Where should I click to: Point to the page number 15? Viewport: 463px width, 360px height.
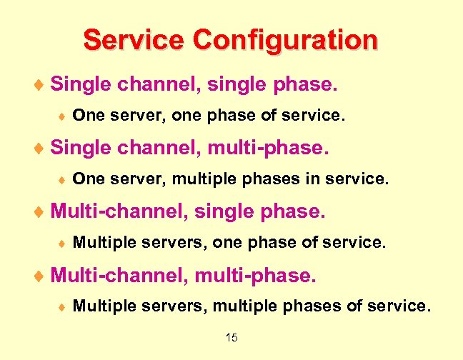tap(231, 338)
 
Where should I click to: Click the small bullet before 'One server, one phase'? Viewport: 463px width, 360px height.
tap(61, 114)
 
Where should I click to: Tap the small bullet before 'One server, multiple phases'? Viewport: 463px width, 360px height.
tap(61, 179)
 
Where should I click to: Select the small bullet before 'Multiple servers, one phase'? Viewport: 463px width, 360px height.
tap(61, 244)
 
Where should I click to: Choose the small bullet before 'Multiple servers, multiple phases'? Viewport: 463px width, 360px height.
tap(61, 307)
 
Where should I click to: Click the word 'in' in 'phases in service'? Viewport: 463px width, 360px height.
tap(312, 179)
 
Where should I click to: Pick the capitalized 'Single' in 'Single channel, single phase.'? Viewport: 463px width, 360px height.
tap(78, 85)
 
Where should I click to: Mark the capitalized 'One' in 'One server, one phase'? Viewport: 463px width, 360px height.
tap(86, 114)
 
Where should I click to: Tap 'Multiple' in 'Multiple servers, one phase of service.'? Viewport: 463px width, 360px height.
tap(101, 243)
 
